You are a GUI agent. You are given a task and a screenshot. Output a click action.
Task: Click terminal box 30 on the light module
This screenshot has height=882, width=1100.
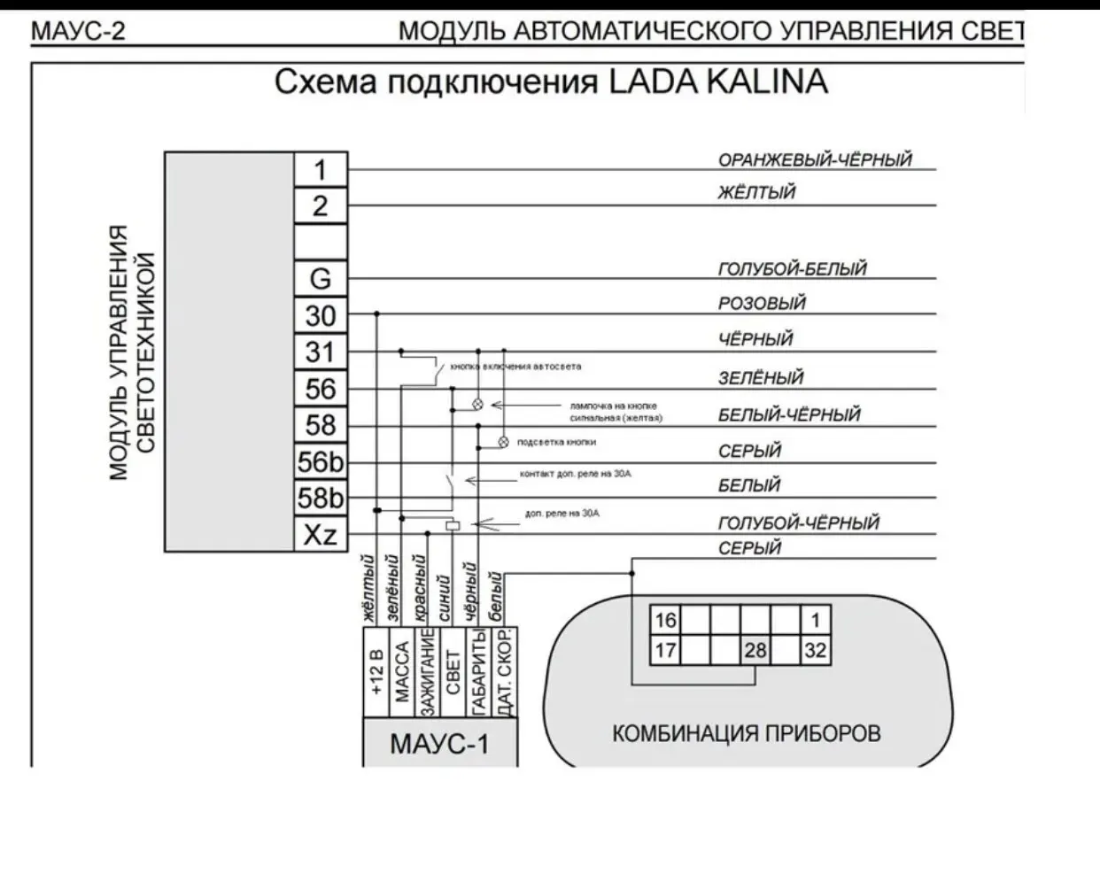click(x=320, y=315)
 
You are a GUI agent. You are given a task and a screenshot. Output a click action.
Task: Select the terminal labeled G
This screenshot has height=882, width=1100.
click(x=320, y=278)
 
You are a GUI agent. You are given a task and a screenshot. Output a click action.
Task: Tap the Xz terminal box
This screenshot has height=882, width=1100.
click(x=320, y=535)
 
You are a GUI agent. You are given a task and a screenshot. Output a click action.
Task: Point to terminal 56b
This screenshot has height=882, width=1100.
click(x=320, y=462)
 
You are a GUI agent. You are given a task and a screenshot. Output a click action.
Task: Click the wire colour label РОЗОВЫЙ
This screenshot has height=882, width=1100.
click(x=762, y=303)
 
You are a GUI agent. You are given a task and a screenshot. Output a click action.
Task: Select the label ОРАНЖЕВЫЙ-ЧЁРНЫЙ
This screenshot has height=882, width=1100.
click(x=814, y=160)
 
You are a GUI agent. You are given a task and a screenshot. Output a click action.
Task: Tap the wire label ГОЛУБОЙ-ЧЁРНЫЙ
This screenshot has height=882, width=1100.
click(x=798, y=522)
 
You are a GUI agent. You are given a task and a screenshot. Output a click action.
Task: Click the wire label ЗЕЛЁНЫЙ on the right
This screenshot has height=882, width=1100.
click(x=760, y=378)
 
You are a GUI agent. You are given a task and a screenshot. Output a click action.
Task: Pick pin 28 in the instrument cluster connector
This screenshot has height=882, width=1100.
click(x=755, y=651)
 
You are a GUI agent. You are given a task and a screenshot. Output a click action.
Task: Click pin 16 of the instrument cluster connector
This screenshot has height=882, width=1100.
click(x=664, y=620)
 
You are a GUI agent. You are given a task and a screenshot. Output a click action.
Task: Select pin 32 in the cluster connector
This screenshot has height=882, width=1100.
click(x=815, y=651)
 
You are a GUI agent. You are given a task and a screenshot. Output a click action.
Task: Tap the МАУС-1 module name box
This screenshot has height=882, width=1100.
click(x=439, y=743)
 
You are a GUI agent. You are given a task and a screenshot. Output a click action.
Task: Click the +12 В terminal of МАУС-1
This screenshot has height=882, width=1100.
click(x=376, y=672)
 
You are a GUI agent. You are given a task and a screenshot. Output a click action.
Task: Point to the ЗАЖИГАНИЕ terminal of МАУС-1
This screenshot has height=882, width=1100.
click(x=427, y=672)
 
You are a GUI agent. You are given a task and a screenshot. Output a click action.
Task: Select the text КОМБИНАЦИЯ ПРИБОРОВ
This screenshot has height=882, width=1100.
click(x=747, y=733)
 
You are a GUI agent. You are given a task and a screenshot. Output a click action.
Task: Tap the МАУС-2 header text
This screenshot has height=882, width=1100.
click(x=78, y=32)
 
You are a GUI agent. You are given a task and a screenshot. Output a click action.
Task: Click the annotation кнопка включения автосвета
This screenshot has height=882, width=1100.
click(x=515, y=366)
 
